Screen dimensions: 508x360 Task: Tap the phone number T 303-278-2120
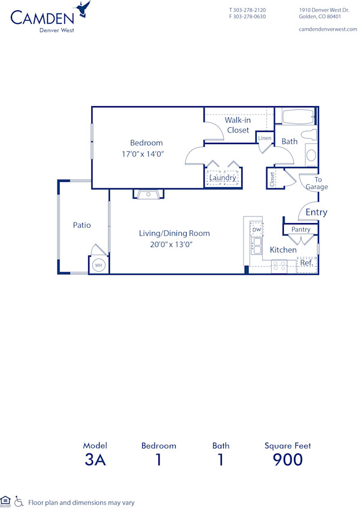point(247,10)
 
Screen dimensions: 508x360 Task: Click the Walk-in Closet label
point(238,125)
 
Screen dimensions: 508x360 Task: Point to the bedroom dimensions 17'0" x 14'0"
point(142,154)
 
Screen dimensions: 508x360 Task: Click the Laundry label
point(222,178)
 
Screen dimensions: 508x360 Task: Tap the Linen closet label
point(265,139)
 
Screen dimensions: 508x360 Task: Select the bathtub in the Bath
point(298,116)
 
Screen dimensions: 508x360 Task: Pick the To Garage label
point(317,184)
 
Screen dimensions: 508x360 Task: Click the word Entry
point(316,212)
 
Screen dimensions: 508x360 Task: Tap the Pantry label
point(301,230)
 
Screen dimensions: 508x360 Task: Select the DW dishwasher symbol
point(256,230)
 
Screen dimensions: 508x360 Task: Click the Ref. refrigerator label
point(306,263)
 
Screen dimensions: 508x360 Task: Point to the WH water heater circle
point(98,265)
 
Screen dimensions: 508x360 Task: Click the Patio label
point(82,225)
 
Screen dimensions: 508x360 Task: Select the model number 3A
point(95,460)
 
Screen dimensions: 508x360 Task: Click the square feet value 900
point(287,460)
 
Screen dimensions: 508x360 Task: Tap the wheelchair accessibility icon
point(19,501)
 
